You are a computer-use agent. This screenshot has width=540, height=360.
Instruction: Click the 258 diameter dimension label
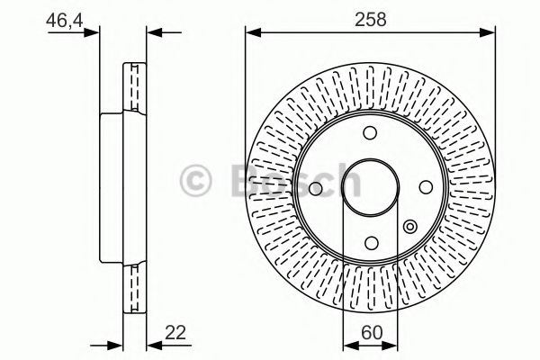(x=371, y=18)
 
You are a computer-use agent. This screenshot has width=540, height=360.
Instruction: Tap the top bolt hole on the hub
(x=370, y=132)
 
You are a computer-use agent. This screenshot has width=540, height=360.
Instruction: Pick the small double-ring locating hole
(x=410, y=227)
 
